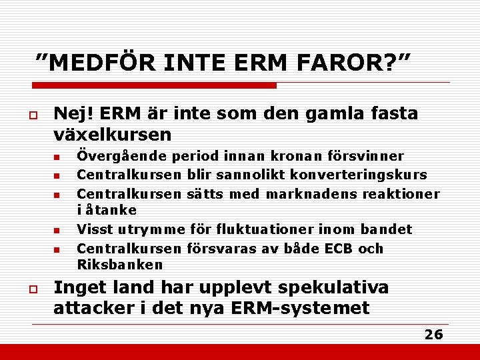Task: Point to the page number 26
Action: point(433,335)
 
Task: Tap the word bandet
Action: point(386,230)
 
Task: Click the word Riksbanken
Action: point(120,265)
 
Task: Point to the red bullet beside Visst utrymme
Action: point(57,231)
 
